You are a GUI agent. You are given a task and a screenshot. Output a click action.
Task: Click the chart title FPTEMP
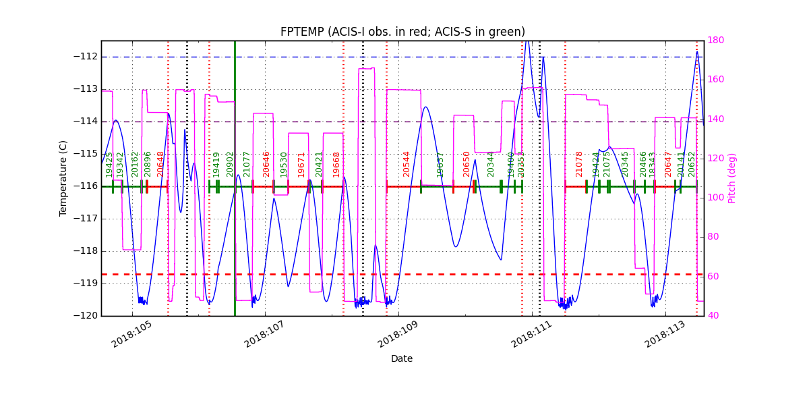coord(402,32)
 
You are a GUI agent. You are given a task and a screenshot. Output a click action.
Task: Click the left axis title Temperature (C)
coord(63,178)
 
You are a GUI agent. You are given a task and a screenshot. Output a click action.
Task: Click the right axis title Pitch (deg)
coord(732,178)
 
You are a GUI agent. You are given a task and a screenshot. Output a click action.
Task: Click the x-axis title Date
coord(402,358)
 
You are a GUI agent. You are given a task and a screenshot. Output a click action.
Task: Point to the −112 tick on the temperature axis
coord(85,57)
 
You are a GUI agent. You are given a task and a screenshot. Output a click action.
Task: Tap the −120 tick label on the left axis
coord(85,316)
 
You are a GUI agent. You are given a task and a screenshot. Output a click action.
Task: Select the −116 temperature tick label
coord(85,186)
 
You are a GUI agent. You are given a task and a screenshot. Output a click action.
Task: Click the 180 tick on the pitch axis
coord(717,40)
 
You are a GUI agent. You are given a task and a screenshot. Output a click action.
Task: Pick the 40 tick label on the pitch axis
coord(715,316)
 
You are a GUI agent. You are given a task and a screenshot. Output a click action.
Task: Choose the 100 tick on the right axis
coord(717,198)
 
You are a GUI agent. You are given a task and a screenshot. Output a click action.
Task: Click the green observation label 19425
coord(109,164)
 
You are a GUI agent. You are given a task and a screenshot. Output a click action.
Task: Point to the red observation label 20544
coord(407,164)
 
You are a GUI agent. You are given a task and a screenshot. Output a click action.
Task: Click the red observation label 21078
coord(579,164)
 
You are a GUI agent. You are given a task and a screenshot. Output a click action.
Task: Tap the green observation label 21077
coord(247,164)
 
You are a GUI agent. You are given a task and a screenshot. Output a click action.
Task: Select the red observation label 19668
coord(336,164)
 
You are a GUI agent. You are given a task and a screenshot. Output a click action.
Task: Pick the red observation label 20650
coord(467,164)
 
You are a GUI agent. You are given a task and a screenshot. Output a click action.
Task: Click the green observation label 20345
coord(625,164)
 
